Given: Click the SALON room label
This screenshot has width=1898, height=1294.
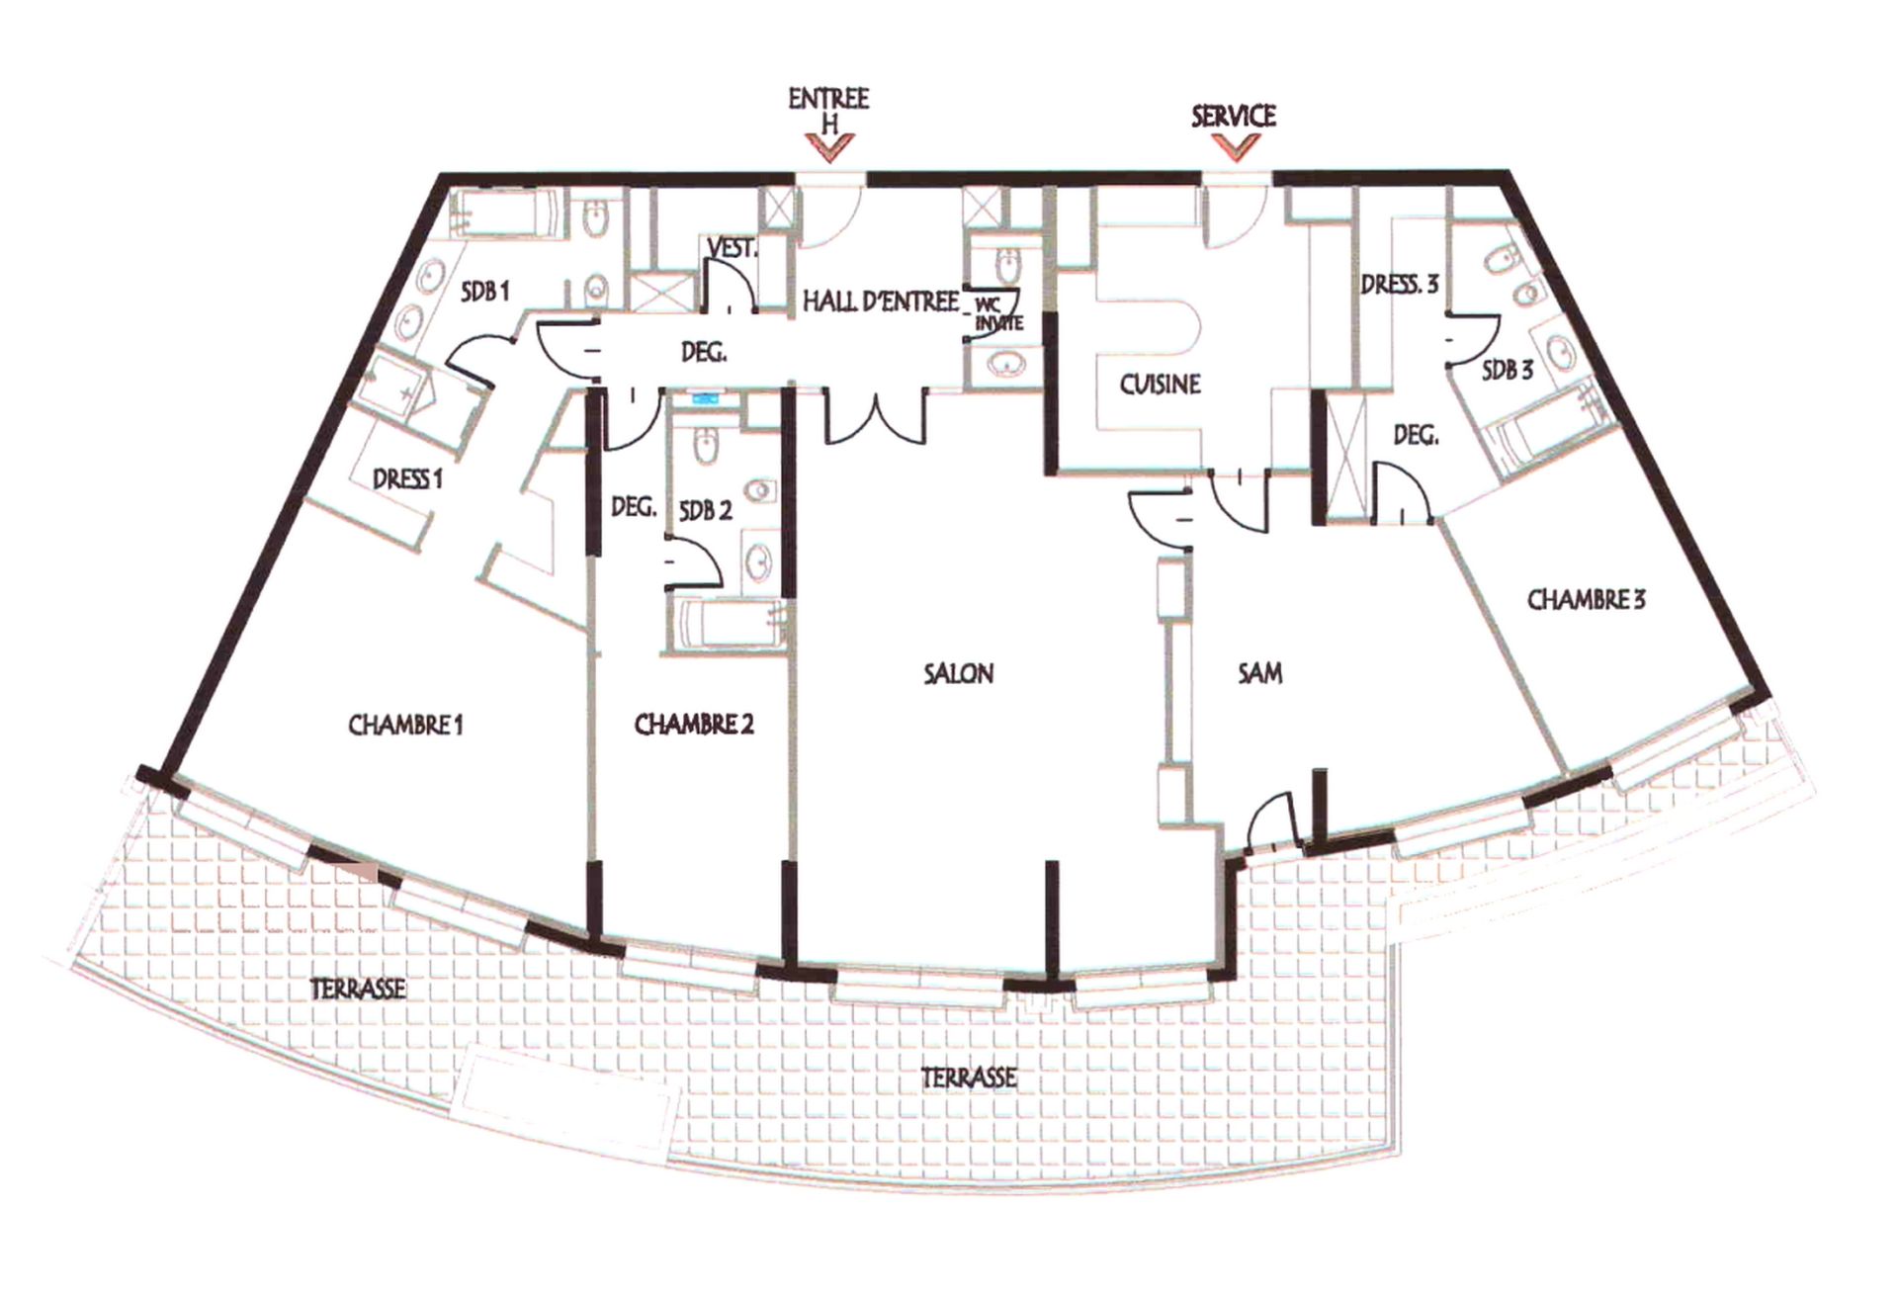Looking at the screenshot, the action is click(958, 674).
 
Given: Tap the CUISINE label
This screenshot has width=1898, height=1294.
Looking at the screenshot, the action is click(1160, 385).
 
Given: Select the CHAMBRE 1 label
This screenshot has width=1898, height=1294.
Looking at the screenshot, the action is click(405, 726).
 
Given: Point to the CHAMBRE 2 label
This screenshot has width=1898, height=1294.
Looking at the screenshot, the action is click(694, 725).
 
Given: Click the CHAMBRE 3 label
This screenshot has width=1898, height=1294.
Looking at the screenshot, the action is click(1586, 600).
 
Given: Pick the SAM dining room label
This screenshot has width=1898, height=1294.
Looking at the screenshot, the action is click(1260, 674).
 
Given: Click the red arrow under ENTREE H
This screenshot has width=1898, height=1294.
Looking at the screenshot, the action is click(828, 148).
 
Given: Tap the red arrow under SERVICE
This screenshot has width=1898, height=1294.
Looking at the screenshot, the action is click(1236, 147).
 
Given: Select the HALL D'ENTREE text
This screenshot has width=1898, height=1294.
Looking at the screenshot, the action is click(880, 302).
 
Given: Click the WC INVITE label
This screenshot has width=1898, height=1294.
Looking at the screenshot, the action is click(998, 315).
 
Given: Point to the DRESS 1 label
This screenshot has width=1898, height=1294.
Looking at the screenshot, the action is click(407, 479).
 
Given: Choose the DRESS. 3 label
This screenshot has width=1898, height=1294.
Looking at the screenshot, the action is click(1400, 285).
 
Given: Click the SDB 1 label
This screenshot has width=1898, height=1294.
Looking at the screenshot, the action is click(484, 292).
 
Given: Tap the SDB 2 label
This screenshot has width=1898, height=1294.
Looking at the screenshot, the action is click(706, 511).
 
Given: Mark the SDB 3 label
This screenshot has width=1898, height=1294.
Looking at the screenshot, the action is click(1508, 371).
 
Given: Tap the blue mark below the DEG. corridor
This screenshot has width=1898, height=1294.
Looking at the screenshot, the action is click(706, 399).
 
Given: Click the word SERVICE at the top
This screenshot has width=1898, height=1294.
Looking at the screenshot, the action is click(1234, 117).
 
